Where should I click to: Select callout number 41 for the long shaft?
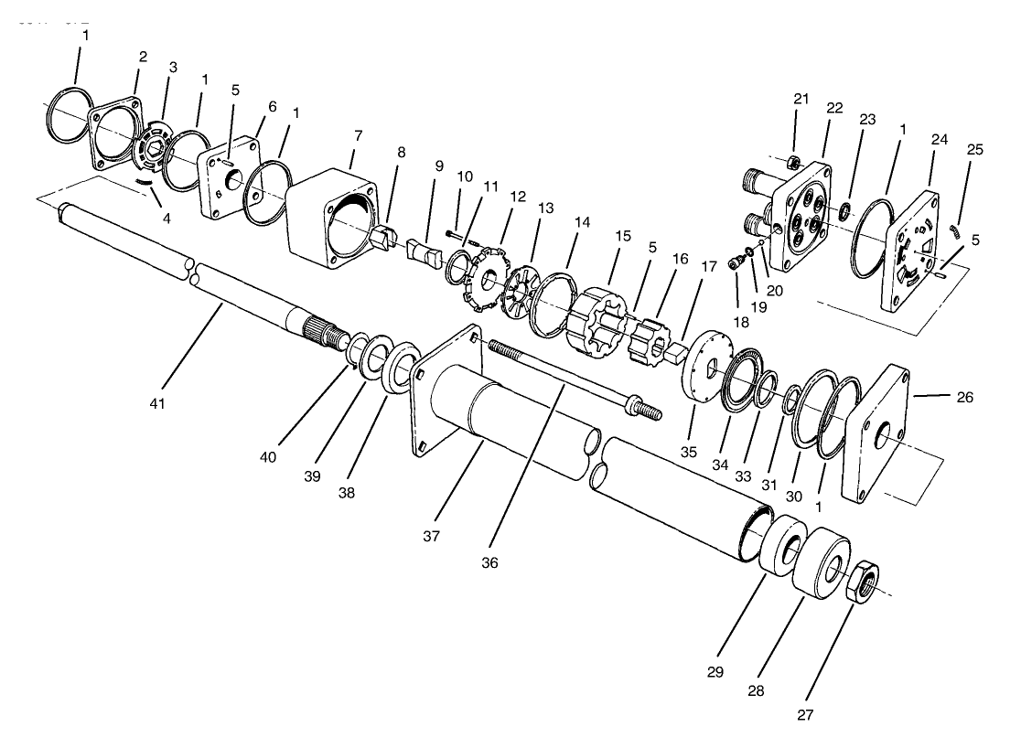pos(156,401)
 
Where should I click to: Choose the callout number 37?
pos(431,536)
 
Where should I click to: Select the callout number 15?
pos(623,236)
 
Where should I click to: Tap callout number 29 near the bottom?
pos(715,672)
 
